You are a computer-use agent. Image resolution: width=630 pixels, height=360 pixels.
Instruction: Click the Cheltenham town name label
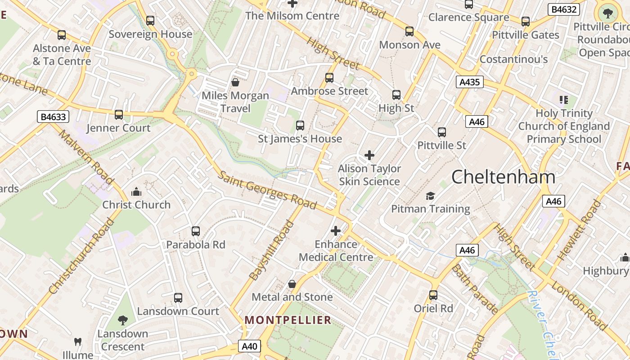pyautogui.click(x=503, y=177)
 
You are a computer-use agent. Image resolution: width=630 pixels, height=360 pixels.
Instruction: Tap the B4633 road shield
pyautogui.click(x=53, y=117)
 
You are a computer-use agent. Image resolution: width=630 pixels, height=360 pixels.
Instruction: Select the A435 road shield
pyautogui.click(x=470, y=82)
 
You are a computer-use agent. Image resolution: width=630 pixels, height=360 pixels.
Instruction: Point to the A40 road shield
pyautogui.click(x=249, y=346)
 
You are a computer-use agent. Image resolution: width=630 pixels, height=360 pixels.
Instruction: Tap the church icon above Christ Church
pyautogui.click(x=136, y=192)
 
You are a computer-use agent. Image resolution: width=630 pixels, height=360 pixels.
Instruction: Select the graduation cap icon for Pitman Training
pyautogui.click(x=431, y=196)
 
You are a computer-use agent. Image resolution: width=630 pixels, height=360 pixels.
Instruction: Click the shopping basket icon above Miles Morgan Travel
pyautogui.click(x=235, y=82)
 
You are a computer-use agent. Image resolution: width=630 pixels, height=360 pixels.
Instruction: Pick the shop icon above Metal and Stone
pyautogui.click(x=292, y=284)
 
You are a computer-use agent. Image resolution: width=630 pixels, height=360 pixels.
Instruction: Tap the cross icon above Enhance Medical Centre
pyautogui.click(x=336, y=231)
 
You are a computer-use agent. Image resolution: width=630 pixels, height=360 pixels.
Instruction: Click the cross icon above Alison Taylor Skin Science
pyautogui.click(x=369, y=156)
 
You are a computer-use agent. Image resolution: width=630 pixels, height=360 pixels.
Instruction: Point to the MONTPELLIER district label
pyautogui.click(x=288, y=320)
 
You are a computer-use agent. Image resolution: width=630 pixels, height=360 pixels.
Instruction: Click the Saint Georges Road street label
pyautogui.click(x=268, y=190)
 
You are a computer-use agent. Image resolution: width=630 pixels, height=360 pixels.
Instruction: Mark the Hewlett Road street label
pyautogui.click(x=579, y=230)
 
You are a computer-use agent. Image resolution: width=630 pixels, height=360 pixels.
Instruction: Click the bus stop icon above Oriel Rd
pyautogui.click(x=433, y=295)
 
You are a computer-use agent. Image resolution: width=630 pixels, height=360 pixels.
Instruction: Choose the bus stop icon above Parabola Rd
pyautogui.click(x=196, y=231)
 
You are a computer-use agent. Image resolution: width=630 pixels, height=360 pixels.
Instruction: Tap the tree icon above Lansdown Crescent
pyautogui.click(x=122, y=320)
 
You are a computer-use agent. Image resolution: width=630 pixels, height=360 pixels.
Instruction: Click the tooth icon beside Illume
pyautogui.click(x=78, y=342)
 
